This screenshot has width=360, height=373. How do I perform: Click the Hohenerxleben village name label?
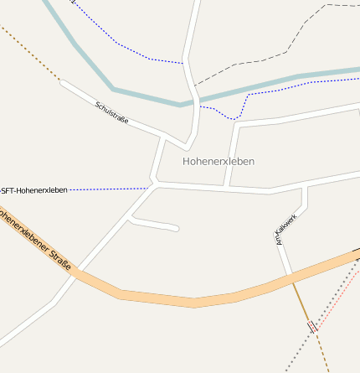pos(218,160)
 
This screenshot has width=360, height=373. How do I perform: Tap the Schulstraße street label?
pos(111,112)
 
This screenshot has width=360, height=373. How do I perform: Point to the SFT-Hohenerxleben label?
pos(33,190)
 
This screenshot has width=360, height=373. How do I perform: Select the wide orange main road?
pos(193,300)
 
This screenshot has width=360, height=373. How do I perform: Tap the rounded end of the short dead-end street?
pos(176,228)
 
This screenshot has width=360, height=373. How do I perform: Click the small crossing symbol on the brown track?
pos(312,326)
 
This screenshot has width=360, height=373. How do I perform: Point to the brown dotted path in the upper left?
pos(29,52)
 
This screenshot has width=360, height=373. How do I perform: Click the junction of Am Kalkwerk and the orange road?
pos(291,277)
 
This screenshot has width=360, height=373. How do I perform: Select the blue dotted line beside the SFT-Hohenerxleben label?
pos(109,189)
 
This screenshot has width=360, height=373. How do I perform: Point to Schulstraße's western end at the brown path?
pos(60,81)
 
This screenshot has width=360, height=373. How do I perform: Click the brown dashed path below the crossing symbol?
pos(321,352)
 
